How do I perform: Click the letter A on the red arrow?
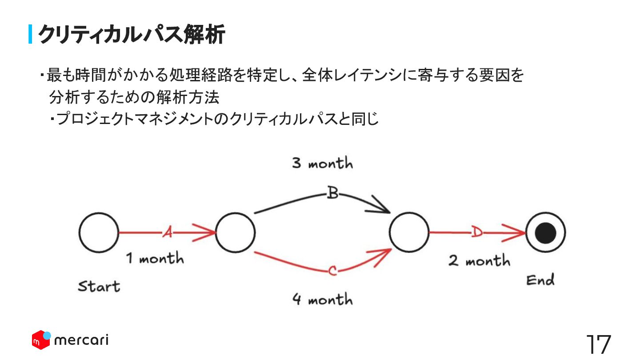tap(167, 232)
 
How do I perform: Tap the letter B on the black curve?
tap(332, 194)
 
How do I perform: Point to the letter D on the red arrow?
tap(476, 232)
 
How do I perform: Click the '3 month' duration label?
tap(322, 164)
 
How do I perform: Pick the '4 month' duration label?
tap(322, 299)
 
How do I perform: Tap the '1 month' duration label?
tap(155, 258)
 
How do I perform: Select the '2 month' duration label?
tap(479, 260)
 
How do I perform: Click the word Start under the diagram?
tap(99, 286)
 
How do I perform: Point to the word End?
tap(540, 280)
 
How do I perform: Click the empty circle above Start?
tap(99, 232)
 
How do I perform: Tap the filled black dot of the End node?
tap(545, 232)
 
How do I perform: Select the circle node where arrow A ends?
tap(236, 232)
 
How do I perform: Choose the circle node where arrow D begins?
tap(409, 232)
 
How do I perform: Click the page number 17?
tap(598, 344)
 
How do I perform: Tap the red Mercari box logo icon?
tap(41, 340)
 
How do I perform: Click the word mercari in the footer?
tap(81, 341)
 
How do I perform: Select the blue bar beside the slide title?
tap(31, 34)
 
